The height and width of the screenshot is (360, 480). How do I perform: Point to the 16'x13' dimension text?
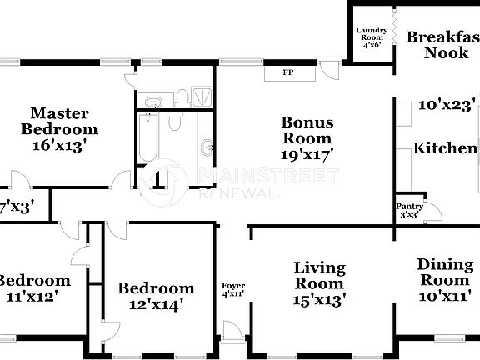(x=59, y=144)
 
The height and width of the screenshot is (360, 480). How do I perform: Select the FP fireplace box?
(x=288, y=72)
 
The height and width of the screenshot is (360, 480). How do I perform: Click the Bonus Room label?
(x=307, y=130)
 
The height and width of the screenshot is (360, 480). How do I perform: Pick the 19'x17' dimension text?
(x=307, y=154)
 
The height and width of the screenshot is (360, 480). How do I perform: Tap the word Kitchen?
(x=446, y=148)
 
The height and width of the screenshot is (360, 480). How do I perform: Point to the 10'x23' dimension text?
(x=447, y=106)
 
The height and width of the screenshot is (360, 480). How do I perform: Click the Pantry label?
(x=408, y=208)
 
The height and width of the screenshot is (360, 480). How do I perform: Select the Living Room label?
(x=320, y=277)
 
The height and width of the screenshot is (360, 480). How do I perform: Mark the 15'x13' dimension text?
(x=320, y=298)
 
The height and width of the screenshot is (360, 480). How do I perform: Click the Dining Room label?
(x=445, y=272)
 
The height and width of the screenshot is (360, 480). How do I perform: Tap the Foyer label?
(x=233, y=286)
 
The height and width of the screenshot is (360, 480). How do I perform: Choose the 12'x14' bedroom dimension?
(x=156, y=305)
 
